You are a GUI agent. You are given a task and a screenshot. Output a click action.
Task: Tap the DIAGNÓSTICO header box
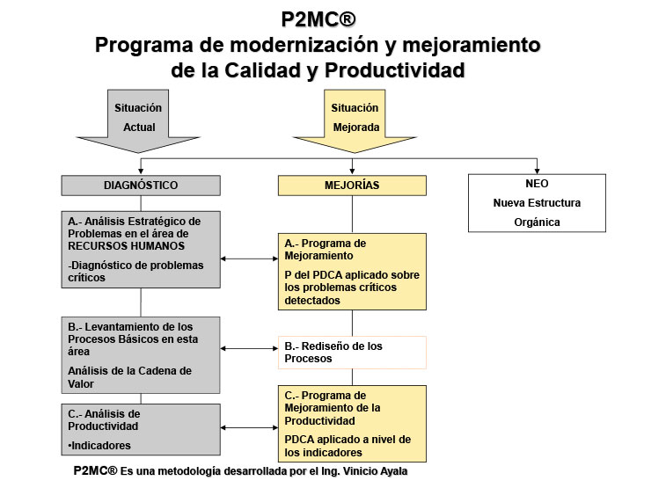tap(140, 186)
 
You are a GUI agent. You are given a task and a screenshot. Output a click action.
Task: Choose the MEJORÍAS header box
tap(352, 186)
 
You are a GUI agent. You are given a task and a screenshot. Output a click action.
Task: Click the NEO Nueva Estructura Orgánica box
tap(537, 203)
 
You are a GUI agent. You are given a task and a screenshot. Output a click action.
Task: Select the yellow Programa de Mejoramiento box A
tap(352, 271)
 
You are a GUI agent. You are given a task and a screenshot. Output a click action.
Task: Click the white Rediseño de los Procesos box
tap(352, 352)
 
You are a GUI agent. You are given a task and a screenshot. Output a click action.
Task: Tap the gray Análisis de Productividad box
tap(140, 429)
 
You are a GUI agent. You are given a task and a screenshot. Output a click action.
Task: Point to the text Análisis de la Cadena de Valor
tap(129, 376)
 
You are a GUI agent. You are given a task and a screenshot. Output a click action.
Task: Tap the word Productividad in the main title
tap(393, 69)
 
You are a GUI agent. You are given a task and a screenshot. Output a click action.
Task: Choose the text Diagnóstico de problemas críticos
tap(135, 271)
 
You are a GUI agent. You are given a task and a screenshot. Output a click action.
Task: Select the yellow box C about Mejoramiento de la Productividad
tap(352, 423)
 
